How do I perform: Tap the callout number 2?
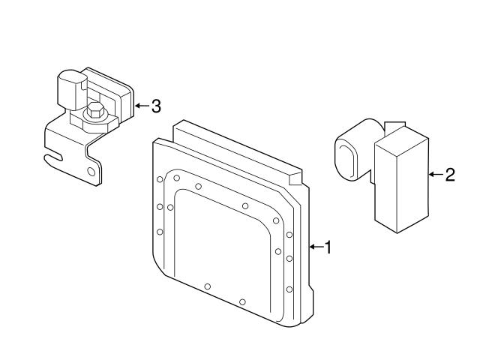(449, 175)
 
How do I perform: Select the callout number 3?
(156, 106)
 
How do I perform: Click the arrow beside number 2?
(436, 175)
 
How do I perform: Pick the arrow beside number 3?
(142, 106)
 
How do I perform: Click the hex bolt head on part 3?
(96, 112)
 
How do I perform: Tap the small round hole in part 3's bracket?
(91, 172)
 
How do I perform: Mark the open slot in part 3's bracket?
(52, 158)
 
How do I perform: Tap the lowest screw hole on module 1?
(242, 301)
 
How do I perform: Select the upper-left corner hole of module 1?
(160, 179)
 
